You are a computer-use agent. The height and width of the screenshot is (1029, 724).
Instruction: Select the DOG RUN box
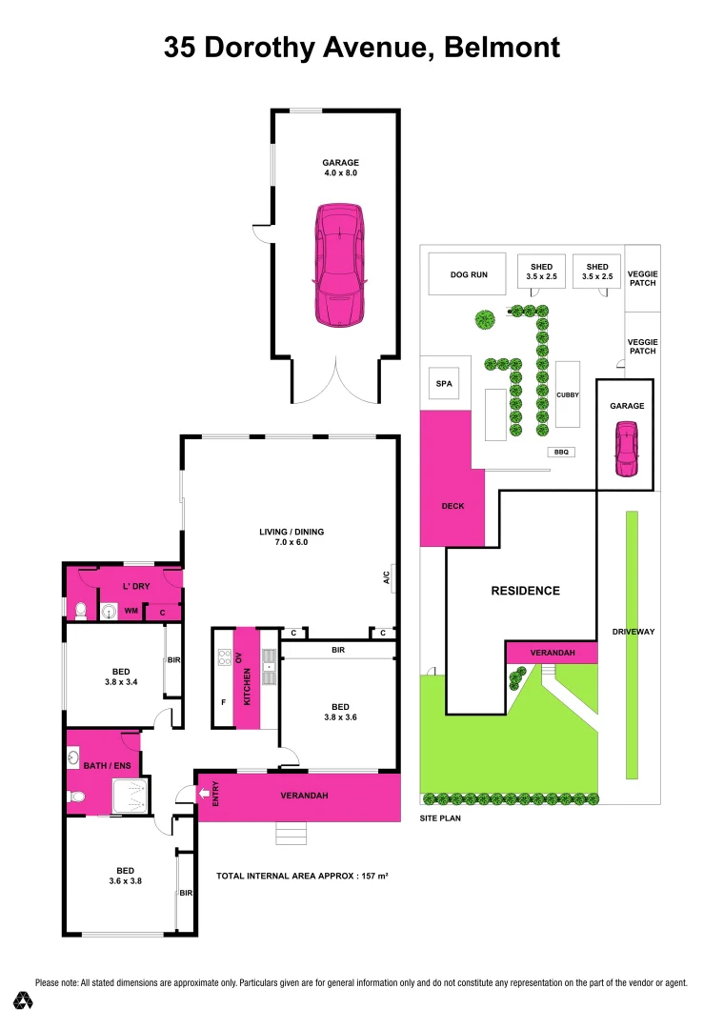point(469,274)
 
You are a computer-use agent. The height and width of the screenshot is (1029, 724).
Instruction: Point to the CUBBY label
point(568,394)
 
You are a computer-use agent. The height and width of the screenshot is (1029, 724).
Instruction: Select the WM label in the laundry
point(131,611)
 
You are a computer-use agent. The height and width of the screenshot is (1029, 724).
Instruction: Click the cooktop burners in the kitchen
point(225,656)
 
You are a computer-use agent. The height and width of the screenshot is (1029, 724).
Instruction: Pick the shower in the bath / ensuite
point(131,796)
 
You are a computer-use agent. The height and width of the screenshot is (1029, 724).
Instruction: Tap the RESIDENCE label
point(525,591)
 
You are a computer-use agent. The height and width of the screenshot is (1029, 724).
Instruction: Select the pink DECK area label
point(453,506)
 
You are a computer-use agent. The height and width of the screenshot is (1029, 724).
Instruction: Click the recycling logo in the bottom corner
point(23,1000)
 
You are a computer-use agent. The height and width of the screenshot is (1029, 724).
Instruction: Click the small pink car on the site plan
point(626,450)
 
